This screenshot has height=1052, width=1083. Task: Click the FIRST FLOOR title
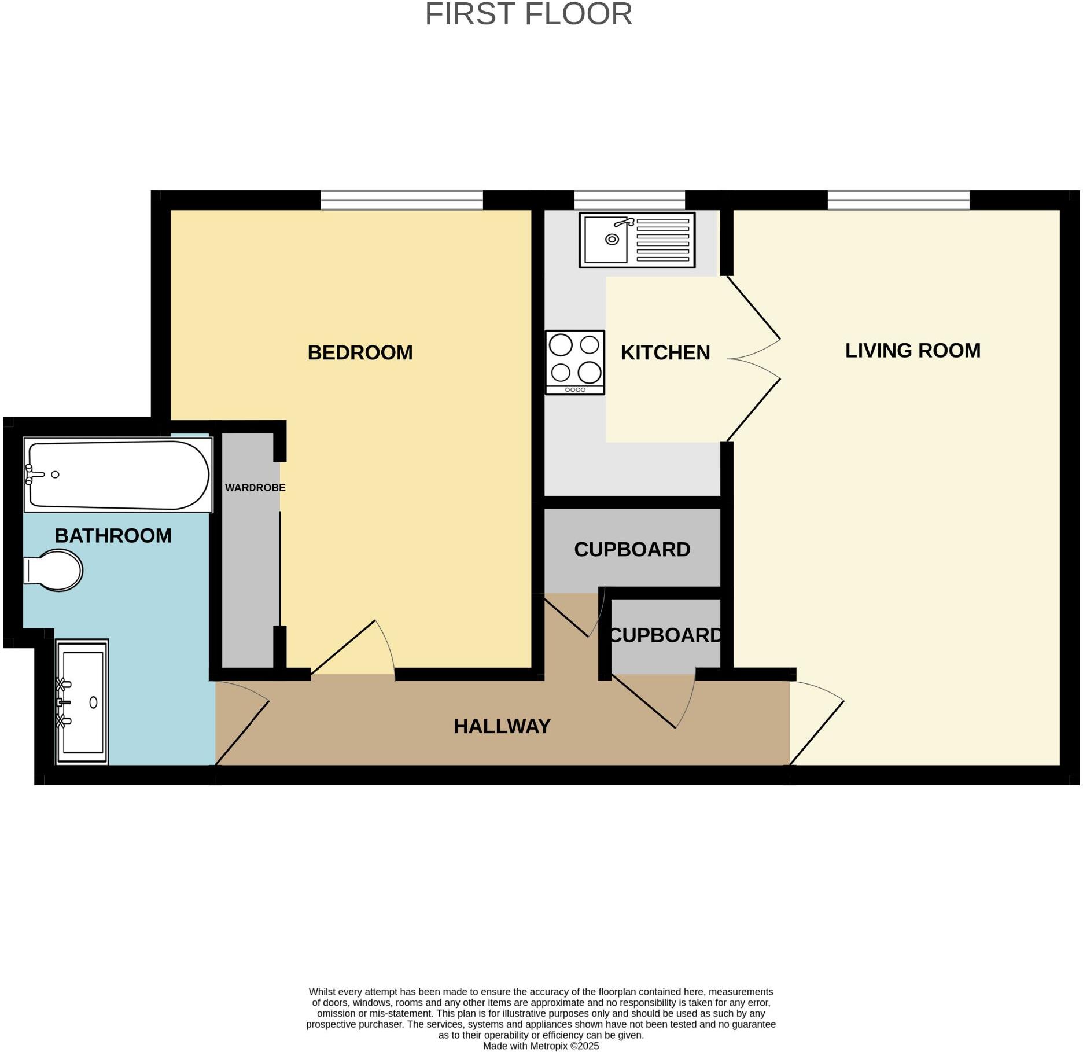pyautogui.click(x=528, y=14)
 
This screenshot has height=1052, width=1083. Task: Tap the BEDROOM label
pyautogui.click(x=360, y=352)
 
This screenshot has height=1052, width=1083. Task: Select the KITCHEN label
pyautogui.click(x=665, y=352)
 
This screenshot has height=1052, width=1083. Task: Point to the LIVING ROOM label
pyautogui.click(x=912, y=350)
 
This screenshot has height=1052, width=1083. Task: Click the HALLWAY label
pyautogui.click(x=502, y=726)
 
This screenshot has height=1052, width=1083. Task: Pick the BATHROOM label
pyautogui.click(x=113, y=535)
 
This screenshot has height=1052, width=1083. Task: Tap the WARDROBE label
pyautogui.click(x=255, y=487)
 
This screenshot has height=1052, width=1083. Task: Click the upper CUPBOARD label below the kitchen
pyautogui.click(x=632, y=549)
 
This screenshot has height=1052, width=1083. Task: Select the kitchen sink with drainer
pyautogui.click(x=636, y=240)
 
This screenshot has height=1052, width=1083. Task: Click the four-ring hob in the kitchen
pyautogui.click(x=574, y=362)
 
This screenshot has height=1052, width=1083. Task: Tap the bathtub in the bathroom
pyautogui.click(x=117, y=475)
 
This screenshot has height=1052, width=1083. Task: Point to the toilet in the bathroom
pyautogui.click(x=54, y=571)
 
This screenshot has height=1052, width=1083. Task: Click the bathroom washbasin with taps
pyautogui.click(x=82, y=701)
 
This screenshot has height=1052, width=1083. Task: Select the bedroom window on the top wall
pyautogui.click(x=401, y=200)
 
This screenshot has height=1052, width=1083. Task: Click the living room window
pyautogui.click(x=898, y=200)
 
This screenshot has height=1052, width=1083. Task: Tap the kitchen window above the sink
pyautogui.click(x=629, y=200)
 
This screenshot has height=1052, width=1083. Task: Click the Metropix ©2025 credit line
pyautogui.click(x=540, y=1046)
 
